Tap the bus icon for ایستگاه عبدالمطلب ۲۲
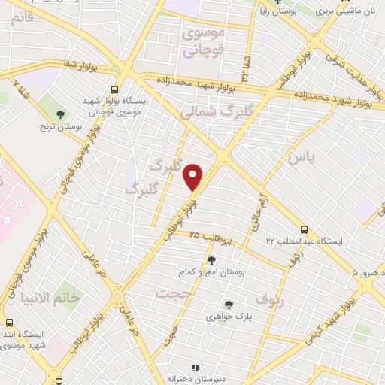(x=304, y=229)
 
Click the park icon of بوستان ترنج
(x=52, y=114)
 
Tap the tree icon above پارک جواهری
(x=229, y=305)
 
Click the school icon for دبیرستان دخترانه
(x=196, y=368)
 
